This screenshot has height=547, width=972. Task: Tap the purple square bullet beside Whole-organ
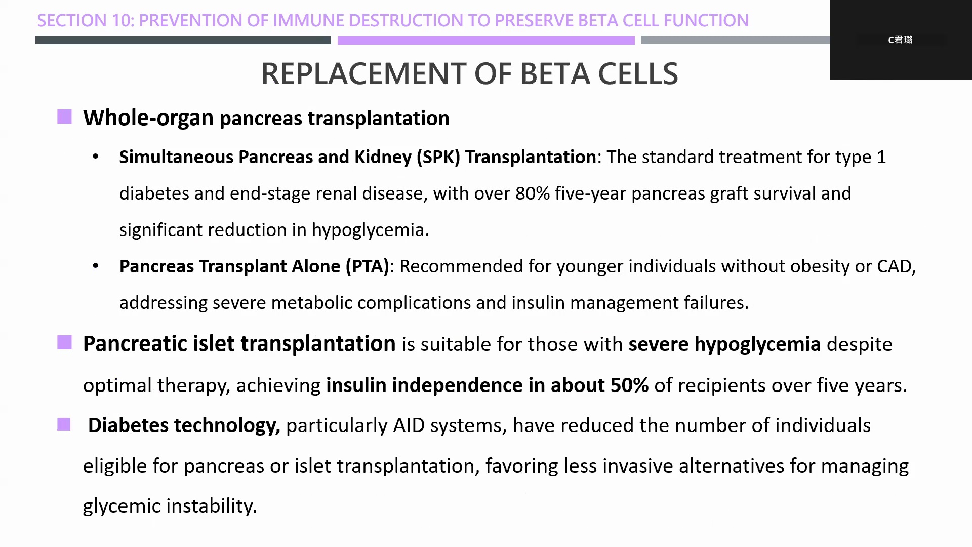pos(64,117)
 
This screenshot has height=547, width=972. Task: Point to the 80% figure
pos(533,193)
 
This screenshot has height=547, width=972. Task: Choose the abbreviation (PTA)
pos(368,266)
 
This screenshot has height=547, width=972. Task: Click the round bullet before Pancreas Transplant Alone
pos(96,266)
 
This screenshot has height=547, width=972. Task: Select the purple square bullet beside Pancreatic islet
pos(64,343)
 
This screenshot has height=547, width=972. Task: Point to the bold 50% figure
pos(629,385)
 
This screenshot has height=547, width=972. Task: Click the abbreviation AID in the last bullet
pos(409,425)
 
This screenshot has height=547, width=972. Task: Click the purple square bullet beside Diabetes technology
pos(64,424)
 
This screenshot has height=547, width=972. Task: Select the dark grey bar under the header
pos(183,40)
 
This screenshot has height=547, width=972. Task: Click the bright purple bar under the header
pos(486,40)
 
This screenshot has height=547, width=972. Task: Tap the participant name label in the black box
pos(900,40)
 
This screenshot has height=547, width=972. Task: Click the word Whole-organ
pos(148,118)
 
